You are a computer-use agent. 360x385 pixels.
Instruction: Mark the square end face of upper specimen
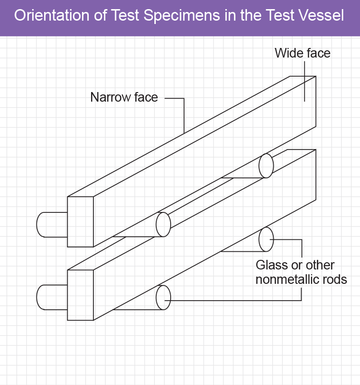pos(81,222)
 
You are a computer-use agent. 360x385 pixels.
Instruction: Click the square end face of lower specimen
pos(81,295)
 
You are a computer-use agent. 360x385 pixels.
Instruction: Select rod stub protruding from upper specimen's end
pos(52,225)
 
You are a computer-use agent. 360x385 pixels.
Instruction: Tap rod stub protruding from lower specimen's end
pos(52,297)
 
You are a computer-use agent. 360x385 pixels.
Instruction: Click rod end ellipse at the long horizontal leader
pos(163,298)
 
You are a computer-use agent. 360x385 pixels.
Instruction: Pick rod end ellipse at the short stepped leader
pos(266,239)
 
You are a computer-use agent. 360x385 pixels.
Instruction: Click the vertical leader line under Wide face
pos(304,82)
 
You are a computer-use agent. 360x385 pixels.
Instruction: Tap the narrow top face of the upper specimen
pos(192,136)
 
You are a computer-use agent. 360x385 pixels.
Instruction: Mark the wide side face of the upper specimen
pos(205,162)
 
